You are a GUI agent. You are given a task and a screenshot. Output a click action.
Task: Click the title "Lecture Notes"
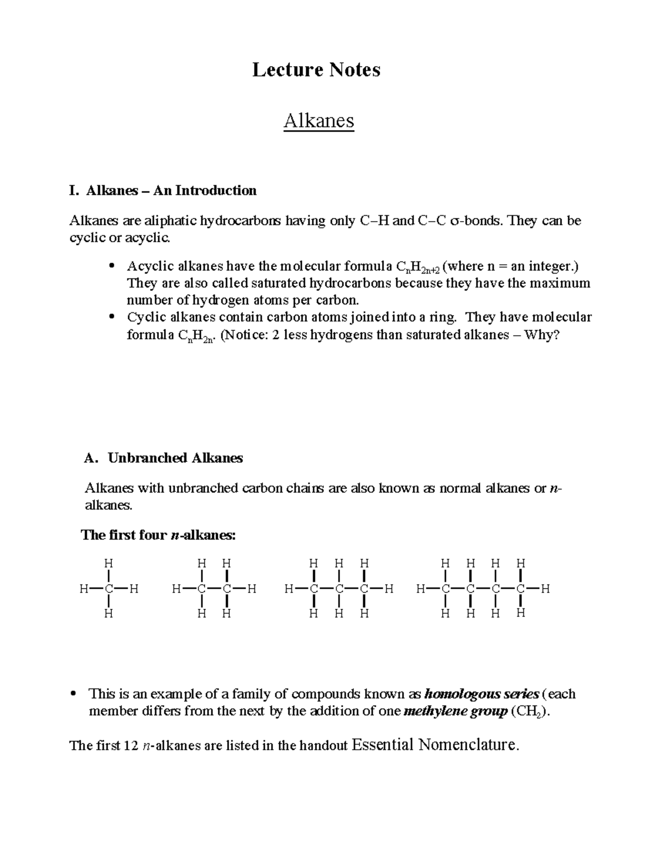tap(316, 70)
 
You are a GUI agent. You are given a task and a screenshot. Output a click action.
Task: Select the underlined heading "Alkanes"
tap(319, 121)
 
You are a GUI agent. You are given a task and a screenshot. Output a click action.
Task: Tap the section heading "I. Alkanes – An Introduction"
tap(163, 191)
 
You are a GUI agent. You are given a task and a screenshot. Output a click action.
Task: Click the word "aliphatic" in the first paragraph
tap(170, 221)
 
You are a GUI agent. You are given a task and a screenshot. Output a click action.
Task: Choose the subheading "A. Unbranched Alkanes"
tap(164, 458)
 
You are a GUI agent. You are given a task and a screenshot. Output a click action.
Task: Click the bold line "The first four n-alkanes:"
tap(158, 535)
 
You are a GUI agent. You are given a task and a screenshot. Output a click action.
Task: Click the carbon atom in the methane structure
tap(109, 589)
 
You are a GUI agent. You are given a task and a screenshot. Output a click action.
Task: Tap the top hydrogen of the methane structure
tap(109, 563)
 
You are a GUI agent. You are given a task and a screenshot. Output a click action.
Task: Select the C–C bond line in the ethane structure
tap(214, 589)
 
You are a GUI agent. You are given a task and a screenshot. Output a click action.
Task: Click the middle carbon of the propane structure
tap(338, 589)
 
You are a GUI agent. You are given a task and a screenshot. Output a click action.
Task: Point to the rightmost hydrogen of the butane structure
tap(545, 589)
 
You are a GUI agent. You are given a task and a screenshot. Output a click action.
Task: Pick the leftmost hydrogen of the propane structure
tap(289, 589)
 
